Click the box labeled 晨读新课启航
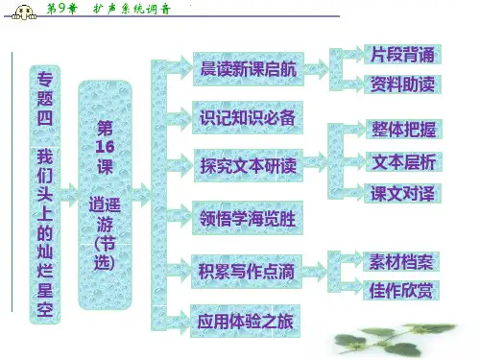[249, 69]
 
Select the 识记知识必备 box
[248, 117]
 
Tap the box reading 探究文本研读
[249, 166]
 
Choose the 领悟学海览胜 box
[248, 218]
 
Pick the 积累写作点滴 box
[247, 272]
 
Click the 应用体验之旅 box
[245, 321]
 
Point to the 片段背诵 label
[402, 55]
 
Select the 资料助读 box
[402, 84]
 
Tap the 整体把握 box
[404, 130]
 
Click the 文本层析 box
[404, 162]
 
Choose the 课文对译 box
[402, 193]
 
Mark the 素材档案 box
[401, 262]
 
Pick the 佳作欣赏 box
[401, 290]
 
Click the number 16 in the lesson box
[105, 147]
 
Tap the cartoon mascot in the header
[24, 13]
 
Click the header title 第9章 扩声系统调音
[108, 9]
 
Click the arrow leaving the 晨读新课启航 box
[316, 69]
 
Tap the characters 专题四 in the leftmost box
[45, 99]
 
